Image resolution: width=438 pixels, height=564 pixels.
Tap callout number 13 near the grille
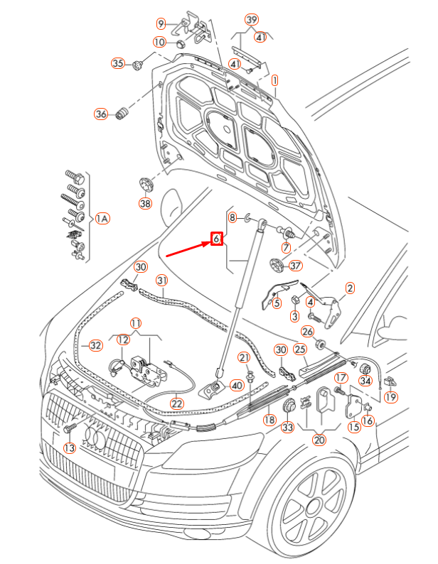coord(69,448)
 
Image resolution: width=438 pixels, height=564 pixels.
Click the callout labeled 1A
coord(102,218)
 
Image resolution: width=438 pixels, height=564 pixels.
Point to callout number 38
coord(145,204)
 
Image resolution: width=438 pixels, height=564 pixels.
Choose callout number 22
coord(176,403)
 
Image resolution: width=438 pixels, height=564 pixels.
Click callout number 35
coord(117,64)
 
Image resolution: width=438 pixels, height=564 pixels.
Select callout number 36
coord(101,114)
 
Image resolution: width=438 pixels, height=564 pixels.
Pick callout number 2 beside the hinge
coord(349,288)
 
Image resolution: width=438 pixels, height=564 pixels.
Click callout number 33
coord(287,428)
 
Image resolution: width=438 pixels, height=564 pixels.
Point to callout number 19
coord(390,397)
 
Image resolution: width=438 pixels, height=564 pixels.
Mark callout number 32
coord(95,346)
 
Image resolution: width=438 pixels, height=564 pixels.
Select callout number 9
coord(161,24)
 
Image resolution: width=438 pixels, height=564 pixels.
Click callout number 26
coord(307,332)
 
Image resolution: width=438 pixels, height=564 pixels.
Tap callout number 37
coord(296,266)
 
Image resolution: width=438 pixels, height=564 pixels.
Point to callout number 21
coord(244,357)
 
